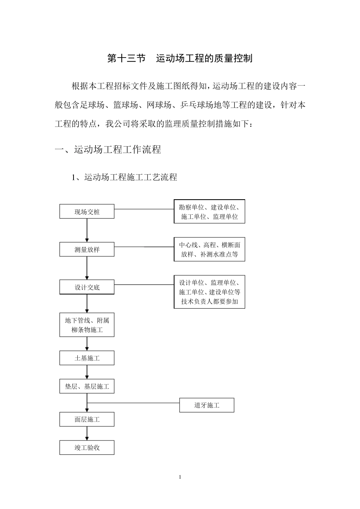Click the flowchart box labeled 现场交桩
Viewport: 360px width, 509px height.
(87, 212)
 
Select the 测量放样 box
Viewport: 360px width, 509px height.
(87, 250)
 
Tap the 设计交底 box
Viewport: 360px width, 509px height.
(87, 287)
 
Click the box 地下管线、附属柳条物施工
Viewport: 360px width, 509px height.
(87, 325)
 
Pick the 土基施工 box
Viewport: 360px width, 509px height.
(87, 358)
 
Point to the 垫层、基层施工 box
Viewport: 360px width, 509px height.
(87, 386)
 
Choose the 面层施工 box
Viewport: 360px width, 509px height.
(87, 419)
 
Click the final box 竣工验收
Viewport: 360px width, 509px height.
(87, 447)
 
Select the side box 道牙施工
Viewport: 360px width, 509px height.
(207, 405)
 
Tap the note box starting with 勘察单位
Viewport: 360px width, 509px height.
(209, 212)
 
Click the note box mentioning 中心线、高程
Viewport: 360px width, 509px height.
(209, 250)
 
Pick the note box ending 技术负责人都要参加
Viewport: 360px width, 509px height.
(209, 292)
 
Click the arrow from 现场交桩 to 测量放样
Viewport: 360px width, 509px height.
(87, 230)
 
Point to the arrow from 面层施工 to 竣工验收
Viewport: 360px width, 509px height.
(87, 433)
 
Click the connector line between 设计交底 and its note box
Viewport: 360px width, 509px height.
(144, 285)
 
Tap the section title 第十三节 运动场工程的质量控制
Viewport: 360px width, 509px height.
(180, 58)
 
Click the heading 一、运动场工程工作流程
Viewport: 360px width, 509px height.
(108, 150)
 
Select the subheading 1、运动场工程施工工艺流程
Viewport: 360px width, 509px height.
(125, 177)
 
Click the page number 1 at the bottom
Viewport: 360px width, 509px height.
(180, 477)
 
